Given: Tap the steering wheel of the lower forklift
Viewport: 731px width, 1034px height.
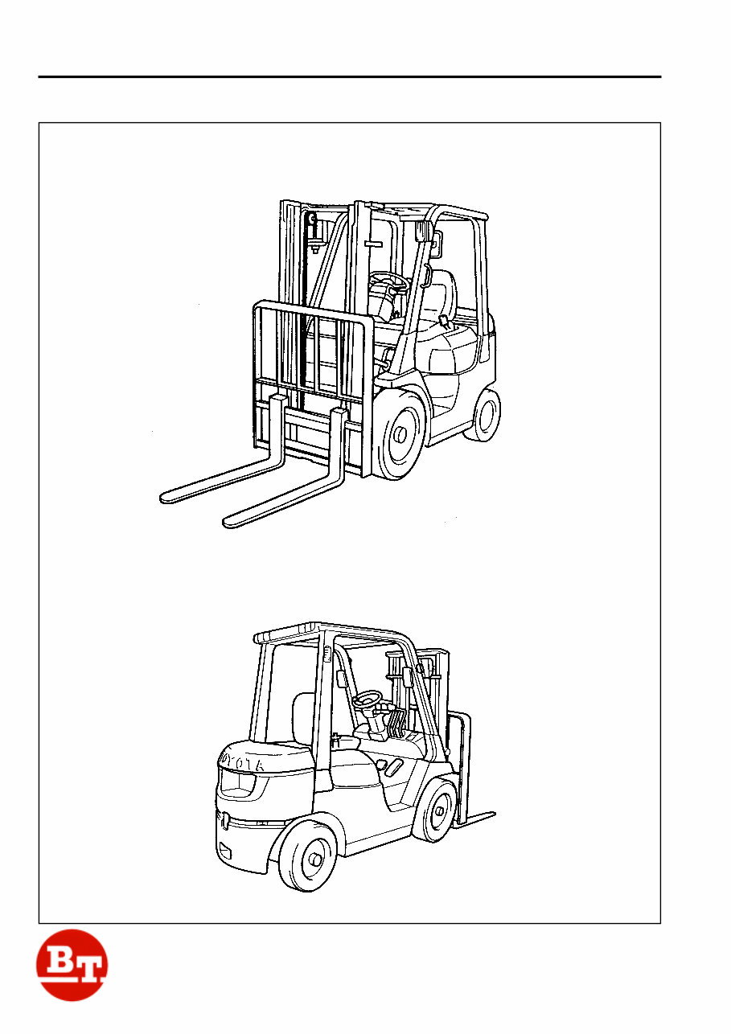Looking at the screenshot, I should tap(368, 699).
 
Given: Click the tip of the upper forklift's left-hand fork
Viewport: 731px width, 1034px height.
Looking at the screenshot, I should tap(166, 496).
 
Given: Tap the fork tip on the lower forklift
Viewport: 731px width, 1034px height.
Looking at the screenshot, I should tap(489, 814).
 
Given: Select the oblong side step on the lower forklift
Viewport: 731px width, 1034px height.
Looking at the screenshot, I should tap(392, 767).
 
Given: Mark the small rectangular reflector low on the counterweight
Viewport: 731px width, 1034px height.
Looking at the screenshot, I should tap(225, 851).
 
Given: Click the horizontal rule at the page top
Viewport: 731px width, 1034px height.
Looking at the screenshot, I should tap(349, 78).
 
